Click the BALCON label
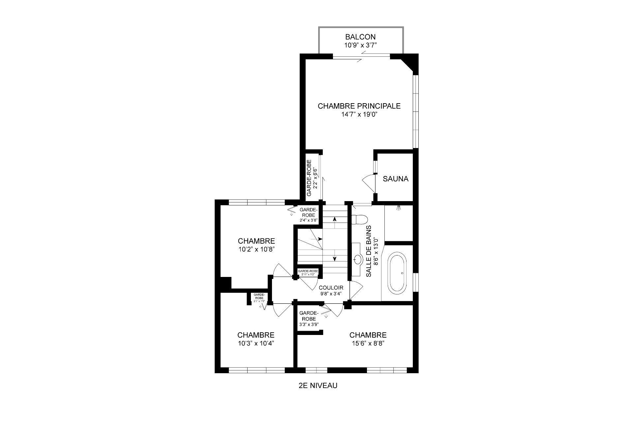pos(360,37)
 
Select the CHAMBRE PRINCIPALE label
pos(359,106)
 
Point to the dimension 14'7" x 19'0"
pos(359,115)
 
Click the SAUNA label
pos(395,179)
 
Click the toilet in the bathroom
pos(359,219)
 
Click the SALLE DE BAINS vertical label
pos(369,251)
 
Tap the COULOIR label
pos(331,288)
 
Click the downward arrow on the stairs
pos(335,259)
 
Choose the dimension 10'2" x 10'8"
pos(256,250)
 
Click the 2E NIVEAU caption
pos(317,385)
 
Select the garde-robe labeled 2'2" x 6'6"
pos(312,178)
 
